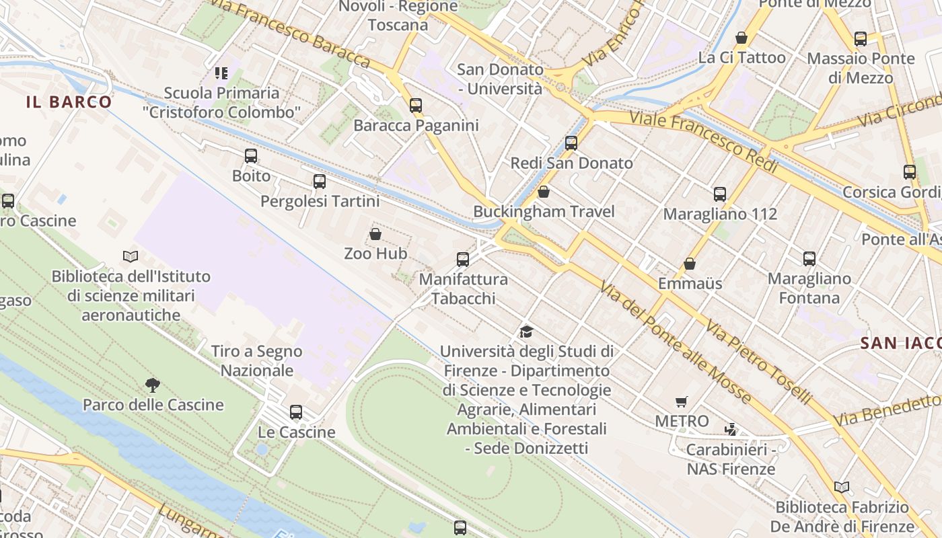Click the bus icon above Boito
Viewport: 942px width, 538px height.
251,156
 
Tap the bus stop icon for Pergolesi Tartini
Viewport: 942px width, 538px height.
320,182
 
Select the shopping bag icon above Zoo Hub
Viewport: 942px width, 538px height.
375,234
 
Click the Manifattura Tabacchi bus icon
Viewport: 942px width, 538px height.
463,260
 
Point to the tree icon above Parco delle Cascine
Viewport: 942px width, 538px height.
153,385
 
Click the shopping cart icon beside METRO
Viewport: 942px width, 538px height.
682,402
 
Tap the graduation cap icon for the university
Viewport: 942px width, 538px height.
526,332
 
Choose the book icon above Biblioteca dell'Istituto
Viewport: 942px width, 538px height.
131,256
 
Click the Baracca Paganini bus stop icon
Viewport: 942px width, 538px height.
416,106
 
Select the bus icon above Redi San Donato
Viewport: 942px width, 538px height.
571,143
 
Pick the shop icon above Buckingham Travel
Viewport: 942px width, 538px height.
544,192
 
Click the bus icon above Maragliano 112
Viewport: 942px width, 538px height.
720,194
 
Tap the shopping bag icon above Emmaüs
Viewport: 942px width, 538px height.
690,264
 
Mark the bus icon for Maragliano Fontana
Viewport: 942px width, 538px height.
809,259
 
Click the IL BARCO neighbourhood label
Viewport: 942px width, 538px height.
69,102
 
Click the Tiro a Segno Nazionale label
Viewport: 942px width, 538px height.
257,360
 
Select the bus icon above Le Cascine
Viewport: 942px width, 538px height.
296,412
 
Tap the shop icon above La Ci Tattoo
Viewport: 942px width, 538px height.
741,38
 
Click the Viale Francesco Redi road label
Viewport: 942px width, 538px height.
703,142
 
